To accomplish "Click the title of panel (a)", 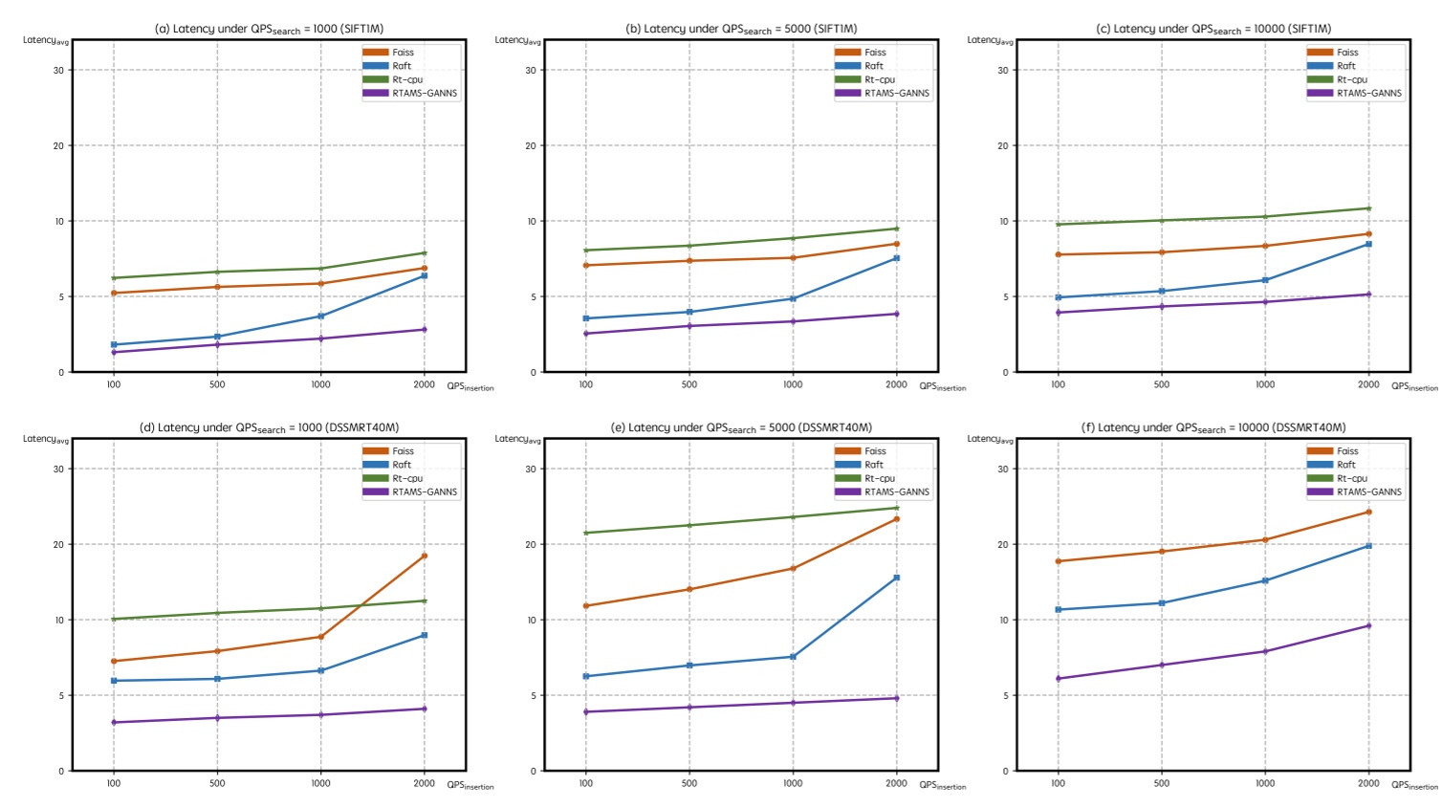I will click(x=269, y=29).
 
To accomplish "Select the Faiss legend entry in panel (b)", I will click(x=874, y=53).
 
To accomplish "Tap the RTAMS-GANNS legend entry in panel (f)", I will click(x=1368, y=492).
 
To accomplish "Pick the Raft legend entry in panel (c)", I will click(x=1345, y=66).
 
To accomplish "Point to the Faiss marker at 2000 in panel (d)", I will click(x=425, y=556).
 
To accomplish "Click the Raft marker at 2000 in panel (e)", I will click(x=896, y=578).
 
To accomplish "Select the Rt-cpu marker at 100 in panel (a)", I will click(x=114, y=278).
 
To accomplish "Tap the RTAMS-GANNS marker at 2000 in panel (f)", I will click(x=1368, y=625).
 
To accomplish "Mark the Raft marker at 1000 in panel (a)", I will click(x=320, y=316).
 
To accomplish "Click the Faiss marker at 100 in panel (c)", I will click(x=1058, y=254).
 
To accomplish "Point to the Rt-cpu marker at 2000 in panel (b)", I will click(x=896, y=229).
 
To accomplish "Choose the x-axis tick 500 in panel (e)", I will click(x=689, y=783).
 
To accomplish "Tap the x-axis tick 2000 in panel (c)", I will click(x=1368, y=384).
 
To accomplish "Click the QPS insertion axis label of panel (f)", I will click(x=1413, y=785).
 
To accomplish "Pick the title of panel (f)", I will click(x=1213, y=427).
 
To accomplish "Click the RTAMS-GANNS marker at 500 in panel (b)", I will click(x=689, y=326).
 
